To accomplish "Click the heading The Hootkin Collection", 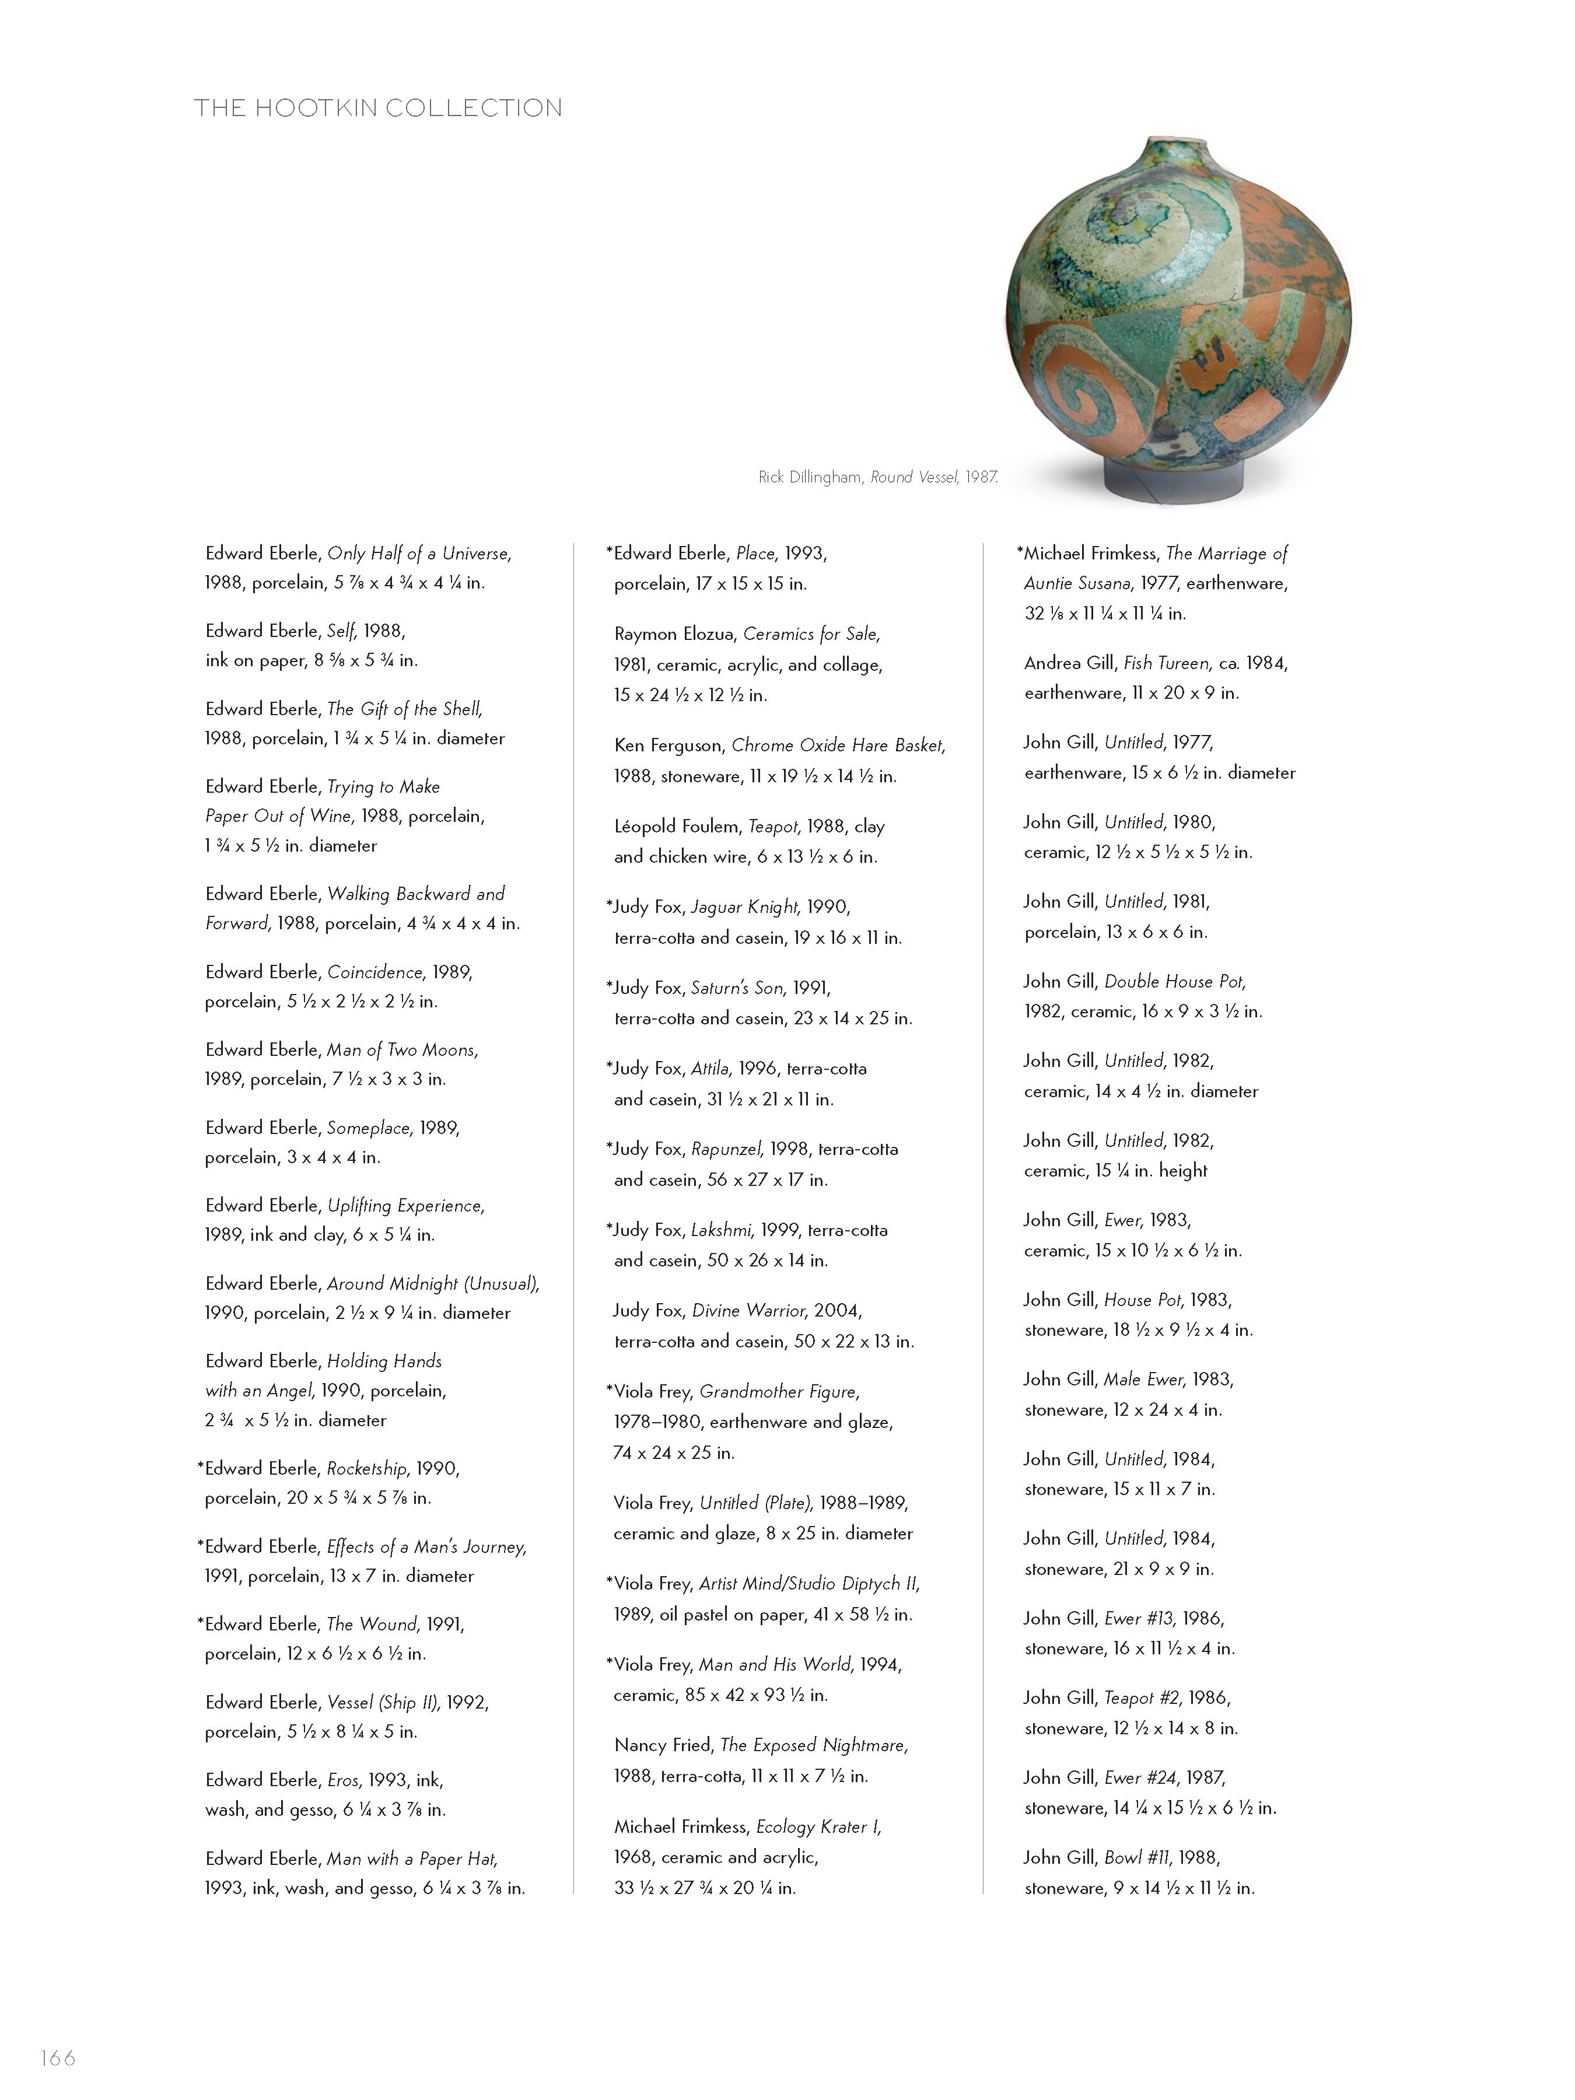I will click(x=378, y=108).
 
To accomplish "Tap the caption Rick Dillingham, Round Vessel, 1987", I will click(x=877, y=478).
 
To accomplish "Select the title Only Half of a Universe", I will click(x=419, y=554).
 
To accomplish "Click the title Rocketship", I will click(x=366, y=1469).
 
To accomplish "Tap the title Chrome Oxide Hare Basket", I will click(x=838, y=746).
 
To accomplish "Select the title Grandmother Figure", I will click(x=779, y=1392).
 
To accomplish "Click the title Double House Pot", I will click(x=1174, y=982).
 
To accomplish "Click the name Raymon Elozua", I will click(x=674, y=634).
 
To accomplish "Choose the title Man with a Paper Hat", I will click(x=412, y=1859).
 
